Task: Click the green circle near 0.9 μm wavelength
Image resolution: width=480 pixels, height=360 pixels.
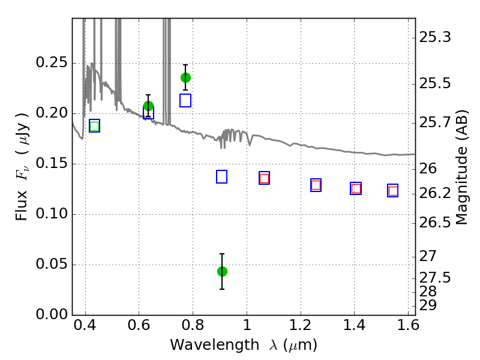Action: pos(222,271)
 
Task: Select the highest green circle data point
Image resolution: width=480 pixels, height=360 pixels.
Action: pos(185,78)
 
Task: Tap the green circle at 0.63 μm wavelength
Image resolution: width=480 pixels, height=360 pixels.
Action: pos(148,106)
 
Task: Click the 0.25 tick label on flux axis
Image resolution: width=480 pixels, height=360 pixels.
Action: pos(52,63)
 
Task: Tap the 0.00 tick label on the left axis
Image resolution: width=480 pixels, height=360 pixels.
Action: pos(52,314)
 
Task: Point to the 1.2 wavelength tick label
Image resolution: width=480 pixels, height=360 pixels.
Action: pos(301,325)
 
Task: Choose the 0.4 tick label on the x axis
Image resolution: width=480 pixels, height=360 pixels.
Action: pos(85,325)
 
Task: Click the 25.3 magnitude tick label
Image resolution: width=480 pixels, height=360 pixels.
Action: pos(434,38)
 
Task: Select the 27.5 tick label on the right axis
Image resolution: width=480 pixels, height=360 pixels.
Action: pos(434,278)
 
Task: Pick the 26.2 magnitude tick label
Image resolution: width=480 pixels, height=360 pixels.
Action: pos(434,193)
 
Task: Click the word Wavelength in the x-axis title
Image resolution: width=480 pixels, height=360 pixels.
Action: pos(215,345)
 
